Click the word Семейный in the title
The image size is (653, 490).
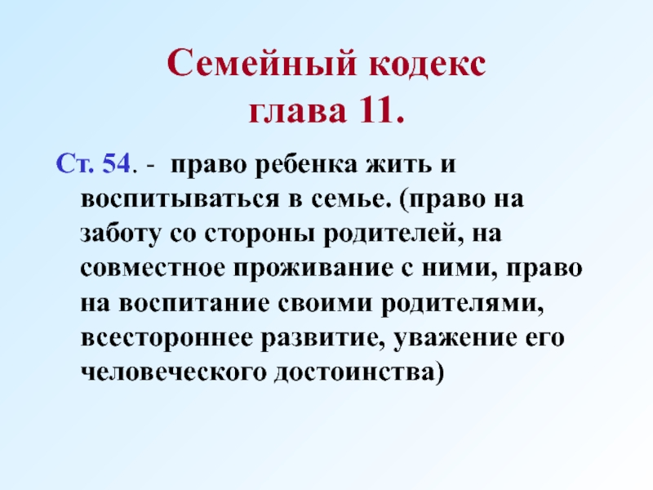(262, 63)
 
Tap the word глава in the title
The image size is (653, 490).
(297, 111)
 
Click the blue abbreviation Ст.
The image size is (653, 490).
(75, 163)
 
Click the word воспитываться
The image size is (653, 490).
(180, 199)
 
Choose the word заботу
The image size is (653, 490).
(120, 234)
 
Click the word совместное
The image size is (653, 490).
(153, 269)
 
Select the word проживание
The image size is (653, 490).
(313, 269)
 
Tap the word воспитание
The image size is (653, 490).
(194, 303)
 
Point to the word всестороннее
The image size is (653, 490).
(167, 339)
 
